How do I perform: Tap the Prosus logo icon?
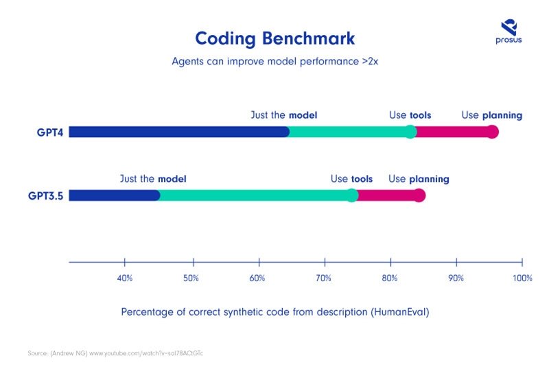click(509, 27)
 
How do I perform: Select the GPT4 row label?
click(51, 132)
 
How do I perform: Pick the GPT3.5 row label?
click(46, 195)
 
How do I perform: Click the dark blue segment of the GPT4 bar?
click(178, 132)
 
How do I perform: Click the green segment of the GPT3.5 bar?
click(254, 195)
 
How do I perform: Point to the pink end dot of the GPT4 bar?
click(492, 132)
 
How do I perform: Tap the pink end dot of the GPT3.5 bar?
click(419, 195)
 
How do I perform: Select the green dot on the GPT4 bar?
click(410, 132)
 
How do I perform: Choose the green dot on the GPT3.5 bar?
click(352, 195)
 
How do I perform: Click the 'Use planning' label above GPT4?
click(491, 115)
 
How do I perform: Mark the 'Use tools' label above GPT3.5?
click(351, 179)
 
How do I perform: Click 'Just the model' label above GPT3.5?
click(153, 179)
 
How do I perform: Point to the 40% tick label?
click(124, 278)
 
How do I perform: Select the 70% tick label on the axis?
click(323, 278)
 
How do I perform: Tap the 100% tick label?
click(522, 278)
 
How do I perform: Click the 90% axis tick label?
click(456, 278)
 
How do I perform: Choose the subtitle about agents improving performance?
click(274, 60)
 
